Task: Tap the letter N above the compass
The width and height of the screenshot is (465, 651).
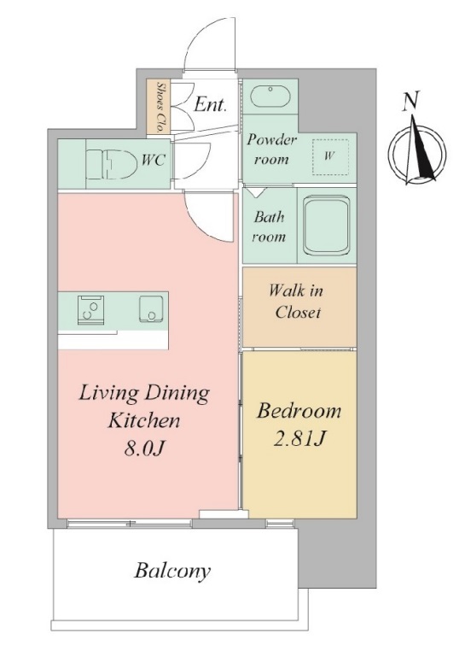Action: [x=410, y=101]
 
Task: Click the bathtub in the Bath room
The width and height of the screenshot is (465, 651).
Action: [x=326, y=225]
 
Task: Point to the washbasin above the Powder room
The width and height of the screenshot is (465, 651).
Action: [x=270, y=97]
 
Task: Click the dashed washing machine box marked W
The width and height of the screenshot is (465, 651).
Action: [x=330, y=157]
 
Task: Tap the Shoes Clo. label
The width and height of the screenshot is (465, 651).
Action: [x=160, y=106]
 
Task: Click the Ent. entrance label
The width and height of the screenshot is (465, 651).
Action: [x=211, y=104]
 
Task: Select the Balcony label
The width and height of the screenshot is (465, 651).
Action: [x=172, y=572]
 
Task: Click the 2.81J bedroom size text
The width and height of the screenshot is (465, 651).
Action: [x=299, y=438]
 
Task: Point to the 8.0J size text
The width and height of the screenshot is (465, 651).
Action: [x=145, y=449]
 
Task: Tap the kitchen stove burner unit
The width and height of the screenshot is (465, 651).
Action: [x=90, y=310]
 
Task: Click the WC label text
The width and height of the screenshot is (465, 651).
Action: [x=154, y=160]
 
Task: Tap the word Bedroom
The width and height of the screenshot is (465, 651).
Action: [x=299, y=411]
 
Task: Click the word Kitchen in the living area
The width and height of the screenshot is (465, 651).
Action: [x=144, y=420]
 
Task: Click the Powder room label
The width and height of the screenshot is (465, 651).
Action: [x=271, y=150]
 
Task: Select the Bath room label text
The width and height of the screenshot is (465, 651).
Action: [x=270, y=226]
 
